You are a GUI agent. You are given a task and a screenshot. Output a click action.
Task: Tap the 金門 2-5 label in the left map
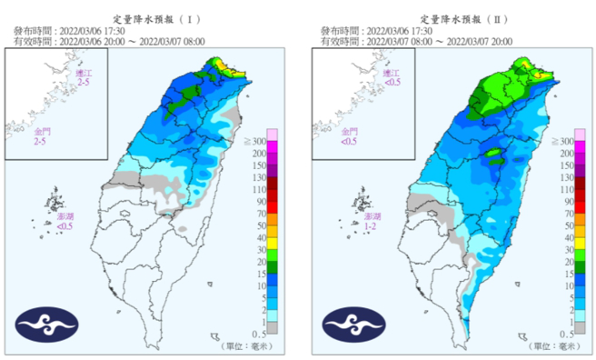(39, 137)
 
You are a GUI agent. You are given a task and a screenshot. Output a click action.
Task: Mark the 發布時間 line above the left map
(86, 30)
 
